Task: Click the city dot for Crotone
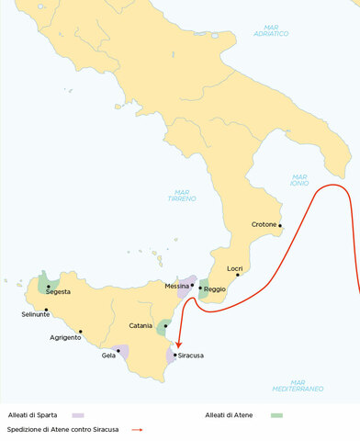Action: tap(280, 227)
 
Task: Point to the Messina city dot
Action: tap(193, 287)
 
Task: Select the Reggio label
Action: tap(215, 289)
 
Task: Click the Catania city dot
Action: tap(165, 325)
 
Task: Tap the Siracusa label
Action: tap(191, 355)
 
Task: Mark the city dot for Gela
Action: tap(118, 350)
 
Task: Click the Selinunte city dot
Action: tap(45, 310)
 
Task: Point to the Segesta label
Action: tap(58, 292)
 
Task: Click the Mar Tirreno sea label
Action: tap(181, 196)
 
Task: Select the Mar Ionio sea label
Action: tap(299, 180)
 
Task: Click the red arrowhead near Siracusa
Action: tap(178, 347)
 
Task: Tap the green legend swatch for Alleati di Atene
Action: tap(276, 415)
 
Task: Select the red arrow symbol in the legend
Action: tap(136, 429)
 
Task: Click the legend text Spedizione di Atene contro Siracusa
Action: tap(64, 429)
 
